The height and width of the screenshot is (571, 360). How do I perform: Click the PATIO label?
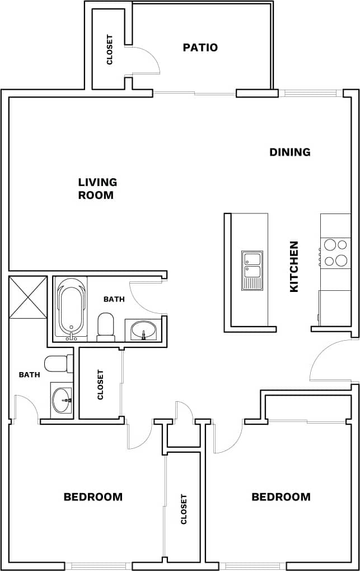click(x=200, y=48)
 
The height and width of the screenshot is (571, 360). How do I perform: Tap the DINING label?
click(x=289, y=152)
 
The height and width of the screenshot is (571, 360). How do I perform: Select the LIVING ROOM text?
click(x=97, y=189)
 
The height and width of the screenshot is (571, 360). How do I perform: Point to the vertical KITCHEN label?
click(x=294, y=267)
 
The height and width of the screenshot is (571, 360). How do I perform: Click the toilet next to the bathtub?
click(x=105, y=327)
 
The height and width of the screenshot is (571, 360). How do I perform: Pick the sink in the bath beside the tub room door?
click(x=143, y=329)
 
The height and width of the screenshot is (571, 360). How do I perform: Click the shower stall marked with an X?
click(x=28, y=297)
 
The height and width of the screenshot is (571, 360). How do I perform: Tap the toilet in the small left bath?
click(x=58, y=364)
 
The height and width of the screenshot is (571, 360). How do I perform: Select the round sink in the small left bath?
click(x=62, y=400)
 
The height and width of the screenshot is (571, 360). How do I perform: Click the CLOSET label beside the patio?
click(x=109, y=50)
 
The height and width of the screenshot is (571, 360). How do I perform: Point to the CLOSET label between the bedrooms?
click(x=183, y=509)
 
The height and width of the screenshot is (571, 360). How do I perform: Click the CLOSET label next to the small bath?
click(x=101, y=384)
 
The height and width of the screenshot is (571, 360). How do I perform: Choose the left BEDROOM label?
click(x=93, y=497)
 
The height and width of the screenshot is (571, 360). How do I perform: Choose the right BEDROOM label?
click(x=280, y=497)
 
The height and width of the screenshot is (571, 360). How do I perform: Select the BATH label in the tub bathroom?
click(x=114, y=299)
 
